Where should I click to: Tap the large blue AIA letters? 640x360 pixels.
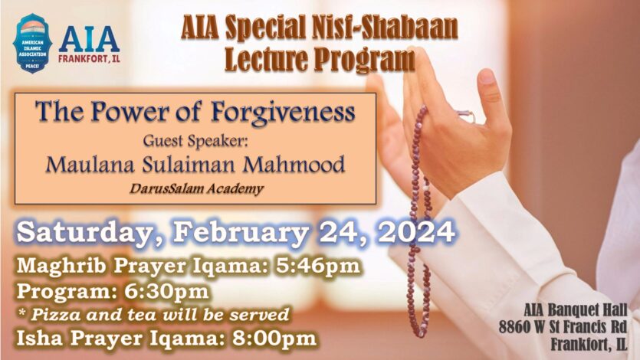point(89,38)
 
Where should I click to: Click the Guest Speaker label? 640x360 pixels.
point(195,141)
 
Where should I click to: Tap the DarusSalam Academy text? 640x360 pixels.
point(195,188)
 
